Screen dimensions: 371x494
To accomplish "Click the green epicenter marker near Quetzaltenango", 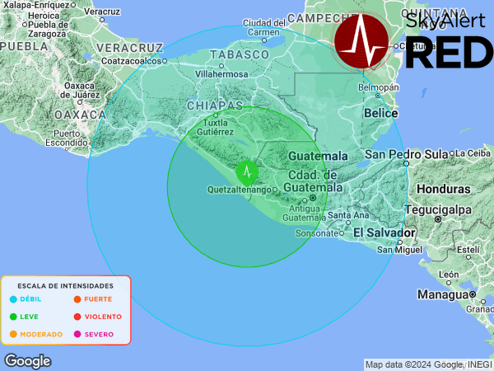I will (247, 171).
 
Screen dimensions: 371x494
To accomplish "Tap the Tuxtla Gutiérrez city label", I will (213, 127).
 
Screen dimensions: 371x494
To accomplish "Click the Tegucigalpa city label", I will (440, 209).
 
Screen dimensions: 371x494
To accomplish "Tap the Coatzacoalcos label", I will (130, 60).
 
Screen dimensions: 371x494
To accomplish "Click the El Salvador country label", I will (382, 233).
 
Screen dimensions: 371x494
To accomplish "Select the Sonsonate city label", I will (313, 233).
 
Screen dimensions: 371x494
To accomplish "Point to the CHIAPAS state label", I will (215, 106).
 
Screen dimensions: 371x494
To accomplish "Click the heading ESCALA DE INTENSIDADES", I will (66, 285).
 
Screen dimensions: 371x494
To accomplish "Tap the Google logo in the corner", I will (27, 361).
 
